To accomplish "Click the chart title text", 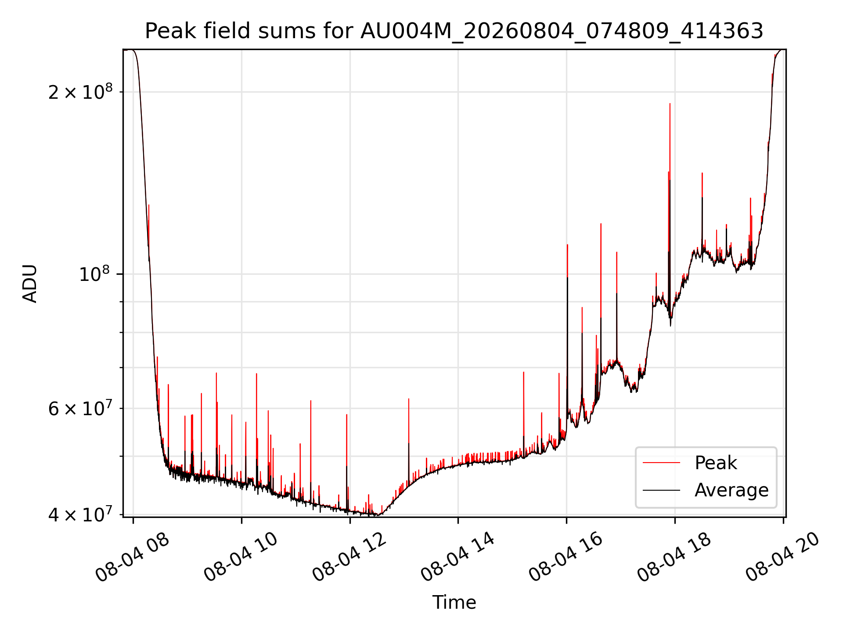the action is tap(454, 31).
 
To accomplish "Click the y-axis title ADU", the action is tap(30, 284).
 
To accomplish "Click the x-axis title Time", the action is tap(454, 602).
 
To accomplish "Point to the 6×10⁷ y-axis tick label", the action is tap(80, 408).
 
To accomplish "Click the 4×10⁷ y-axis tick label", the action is tap(80, 514).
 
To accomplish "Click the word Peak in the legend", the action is tap(716, 463).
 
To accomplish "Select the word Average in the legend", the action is tap(731, 490).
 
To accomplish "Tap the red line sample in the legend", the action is tap(661, 463).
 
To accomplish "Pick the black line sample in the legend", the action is tap(661, 490).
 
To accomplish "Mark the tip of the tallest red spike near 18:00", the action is tap(670, 104).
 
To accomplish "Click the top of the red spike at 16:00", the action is tap(567, 245).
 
